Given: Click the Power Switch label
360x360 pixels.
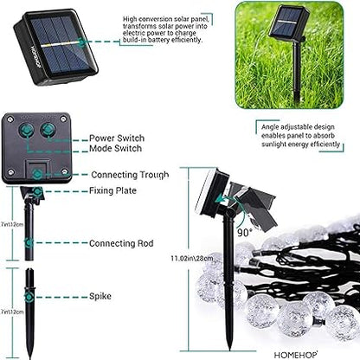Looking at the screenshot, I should pos(117,138).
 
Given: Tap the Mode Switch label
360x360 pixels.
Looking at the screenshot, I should pos(116,149).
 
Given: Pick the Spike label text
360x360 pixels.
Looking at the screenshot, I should pos(100,295).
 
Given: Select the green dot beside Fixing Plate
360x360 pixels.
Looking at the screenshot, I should pos(39,190).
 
